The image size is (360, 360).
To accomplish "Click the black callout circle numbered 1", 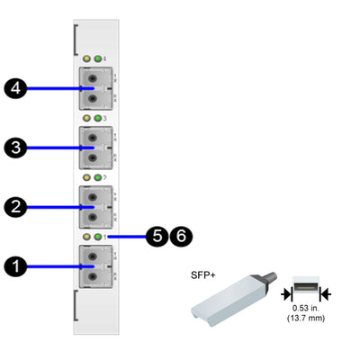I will [x=15, y=266].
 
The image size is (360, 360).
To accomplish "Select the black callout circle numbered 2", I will [x=15, y=207].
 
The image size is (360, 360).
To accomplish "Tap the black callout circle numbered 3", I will [x=15, y=148].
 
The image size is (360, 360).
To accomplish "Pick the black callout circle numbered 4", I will [x=15, y=88].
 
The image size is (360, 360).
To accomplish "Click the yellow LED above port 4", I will [x=86, y=58].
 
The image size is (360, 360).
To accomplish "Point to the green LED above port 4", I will [x=97, y=58].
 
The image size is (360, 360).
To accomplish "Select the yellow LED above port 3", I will [x=86, y=118].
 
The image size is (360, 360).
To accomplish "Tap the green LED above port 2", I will [x=97, y=177].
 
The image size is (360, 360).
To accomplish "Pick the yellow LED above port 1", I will [x=86, y=237].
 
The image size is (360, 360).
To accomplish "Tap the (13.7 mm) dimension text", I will [x=306, y=320].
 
